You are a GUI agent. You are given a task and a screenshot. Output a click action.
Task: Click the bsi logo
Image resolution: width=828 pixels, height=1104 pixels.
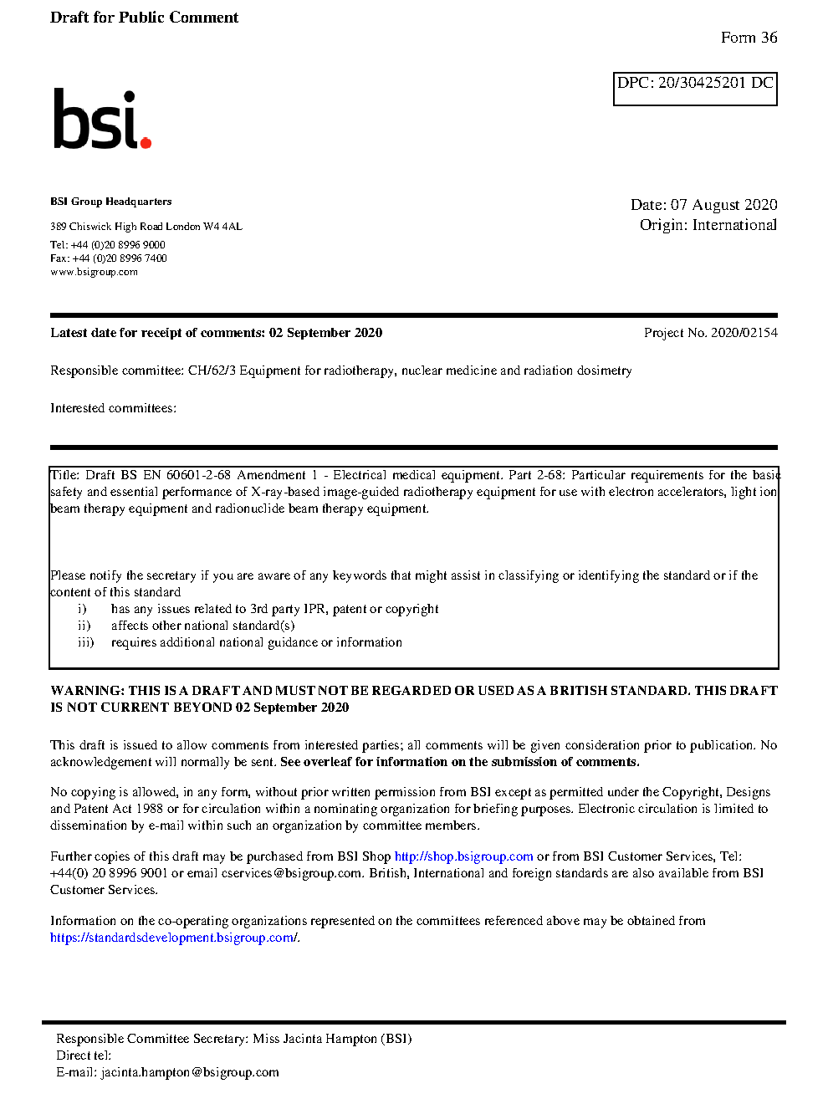(x=101, y=120)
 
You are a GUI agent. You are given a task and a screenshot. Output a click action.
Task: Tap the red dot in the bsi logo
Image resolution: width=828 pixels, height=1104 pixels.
(x=146, y=142)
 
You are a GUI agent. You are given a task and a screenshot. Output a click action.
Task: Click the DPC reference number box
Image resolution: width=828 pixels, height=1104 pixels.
(x=695, y=89)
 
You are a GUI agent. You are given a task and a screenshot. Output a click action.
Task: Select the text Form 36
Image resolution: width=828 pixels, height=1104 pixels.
(x=749, y=38)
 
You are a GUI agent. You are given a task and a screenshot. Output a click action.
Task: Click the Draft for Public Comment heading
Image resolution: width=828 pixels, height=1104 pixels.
(x=144, y=18)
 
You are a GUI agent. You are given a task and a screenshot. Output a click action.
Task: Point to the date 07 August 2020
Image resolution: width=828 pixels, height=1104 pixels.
(x=723, y=205)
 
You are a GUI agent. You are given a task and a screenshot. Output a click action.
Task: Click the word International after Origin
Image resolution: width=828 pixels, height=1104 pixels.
(x=734, y=225)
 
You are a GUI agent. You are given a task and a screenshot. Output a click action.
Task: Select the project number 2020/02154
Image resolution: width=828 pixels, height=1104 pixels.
(x=744, y=333)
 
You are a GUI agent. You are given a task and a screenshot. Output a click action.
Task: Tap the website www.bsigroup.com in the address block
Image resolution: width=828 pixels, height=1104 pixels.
(x=94, y=272)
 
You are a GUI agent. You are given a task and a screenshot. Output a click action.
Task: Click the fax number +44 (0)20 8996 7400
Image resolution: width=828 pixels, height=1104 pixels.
(x=120, y=258)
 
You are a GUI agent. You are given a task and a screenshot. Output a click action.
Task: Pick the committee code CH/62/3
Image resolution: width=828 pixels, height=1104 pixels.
(x=212, y=371)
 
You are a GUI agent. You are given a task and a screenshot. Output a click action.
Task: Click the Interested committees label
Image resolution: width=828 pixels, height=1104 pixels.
(x=113, y=408)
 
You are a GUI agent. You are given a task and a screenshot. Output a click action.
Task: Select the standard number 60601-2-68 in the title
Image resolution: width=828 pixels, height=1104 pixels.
(x=198, y=475)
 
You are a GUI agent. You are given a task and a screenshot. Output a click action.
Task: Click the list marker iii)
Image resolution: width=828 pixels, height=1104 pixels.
(x=85, y=642)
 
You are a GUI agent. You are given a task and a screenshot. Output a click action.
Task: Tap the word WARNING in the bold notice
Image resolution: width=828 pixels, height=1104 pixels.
(x=87, y=691)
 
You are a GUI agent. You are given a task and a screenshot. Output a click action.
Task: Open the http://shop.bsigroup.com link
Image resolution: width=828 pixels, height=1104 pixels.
(x=463, y=856)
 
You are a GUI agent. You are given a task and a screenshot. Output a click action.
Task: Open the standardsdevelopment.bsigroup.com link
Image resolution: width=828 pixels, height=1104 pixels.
(x=172, y=938)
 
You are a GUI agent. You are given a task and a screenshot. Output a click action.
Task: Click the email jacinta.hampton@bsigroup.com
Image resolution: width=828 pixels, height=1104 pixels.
(x=190, y=1072)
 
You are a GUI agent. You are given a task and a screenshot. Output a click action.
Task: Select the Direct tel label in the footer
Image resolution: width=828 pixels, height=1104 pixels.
(x=83, y=1055)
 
